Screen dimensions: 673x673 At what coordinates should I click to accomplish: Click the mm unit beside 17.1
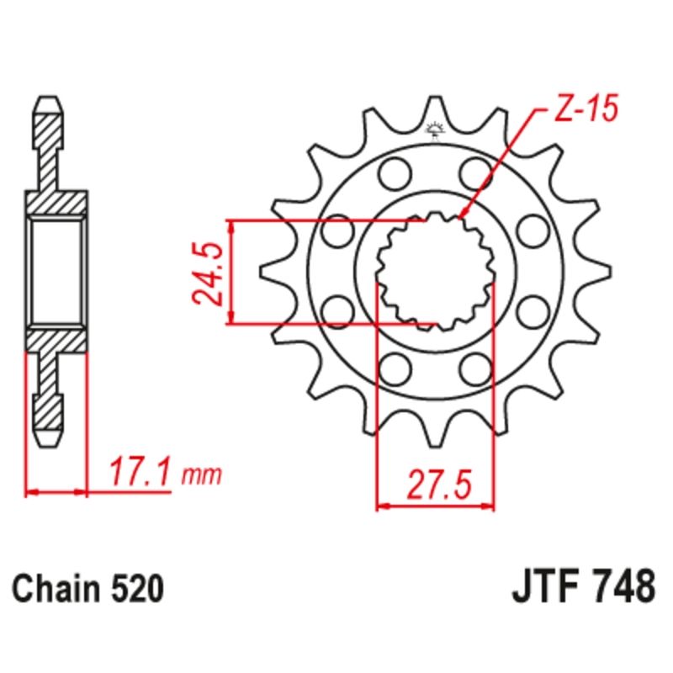click(201, 476)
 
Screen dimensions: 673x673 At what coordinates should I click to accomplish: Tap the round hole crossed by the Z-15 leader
click(474, 173)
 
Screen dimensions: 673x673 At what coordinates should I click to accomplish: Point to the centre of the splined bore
click(435, 271)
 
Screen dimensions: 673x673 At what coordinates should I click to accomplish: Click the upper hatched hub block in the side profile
click(57, 202)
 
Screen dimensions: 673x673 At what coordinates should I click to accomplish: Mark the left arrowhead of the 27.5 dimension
click(381, 506)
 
